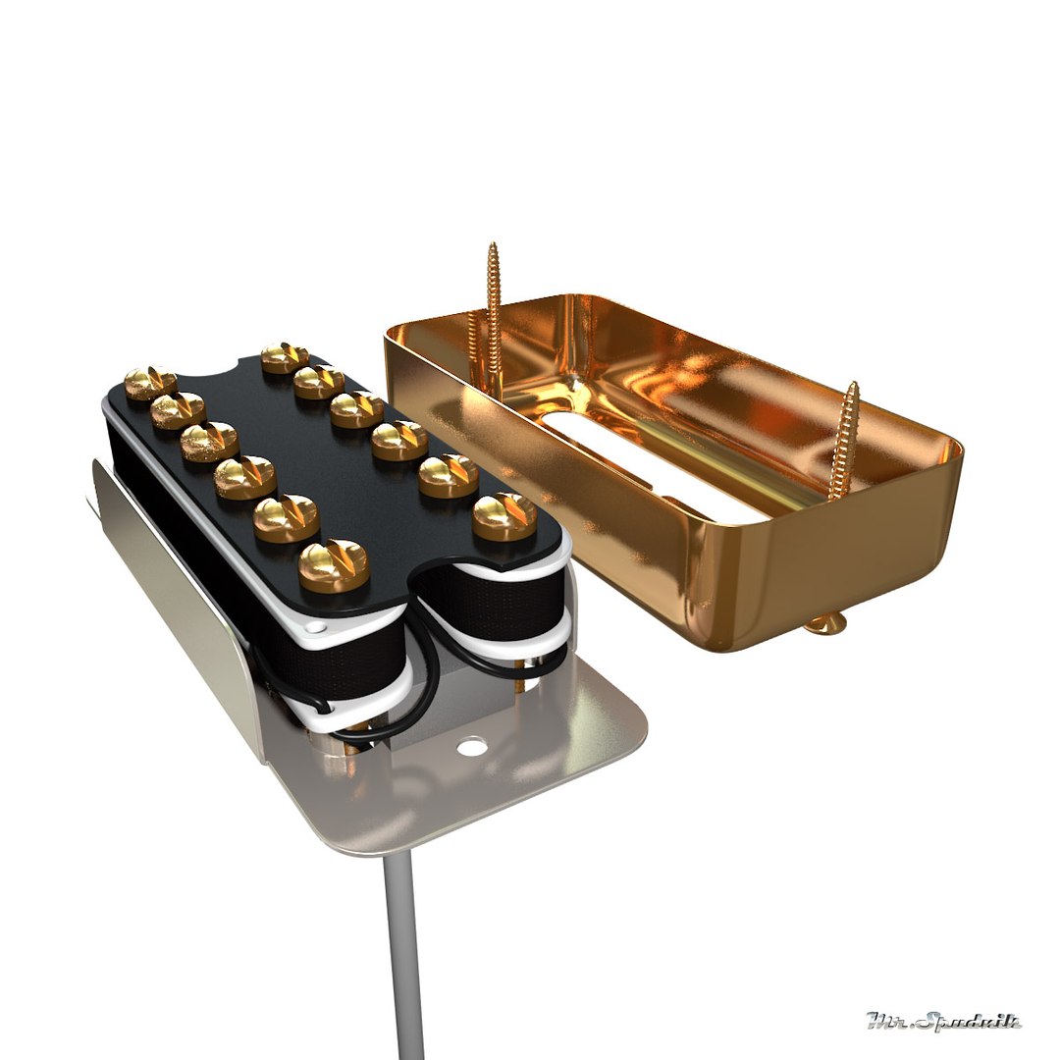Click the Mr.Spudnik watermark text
pyautogui.click(x=943, y=1022)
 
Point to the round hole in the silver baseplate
pyautogui.click(x=472, y=746)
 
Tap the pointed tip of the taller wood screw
pyautogui.click(x=493, y=246)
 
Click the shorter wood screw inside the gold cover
pyautogui.click(x=842, y=442)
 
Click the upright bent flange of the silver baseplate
pyautogui.click(x=177, y=589)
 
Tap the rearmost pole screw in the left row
pyautogui.click(x=150, y=381)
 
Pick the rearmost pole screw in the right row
pyautogui.click(x=285, y=356)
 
